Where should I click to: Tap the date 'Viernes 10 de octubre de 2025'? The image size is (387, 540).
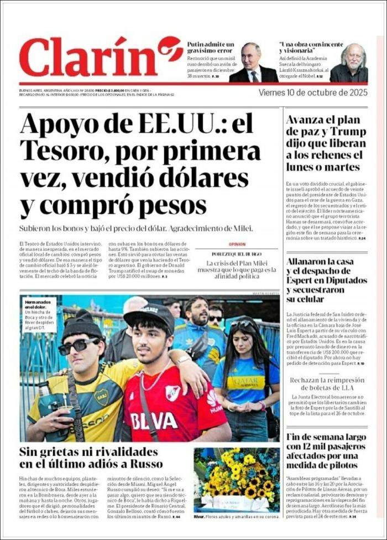[x=313, y=92]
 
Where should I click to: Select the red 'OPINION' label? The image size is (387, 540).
[x=237, y=244]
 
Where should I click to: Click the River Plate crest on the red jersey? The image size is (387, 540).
[x=173, y=393]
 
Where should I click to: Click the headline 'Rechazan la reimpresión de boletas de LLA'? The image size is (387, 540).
[x=327, y=384]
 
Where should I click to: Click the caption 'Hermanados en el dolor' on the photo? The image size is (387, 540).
[x=36, y=305]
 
